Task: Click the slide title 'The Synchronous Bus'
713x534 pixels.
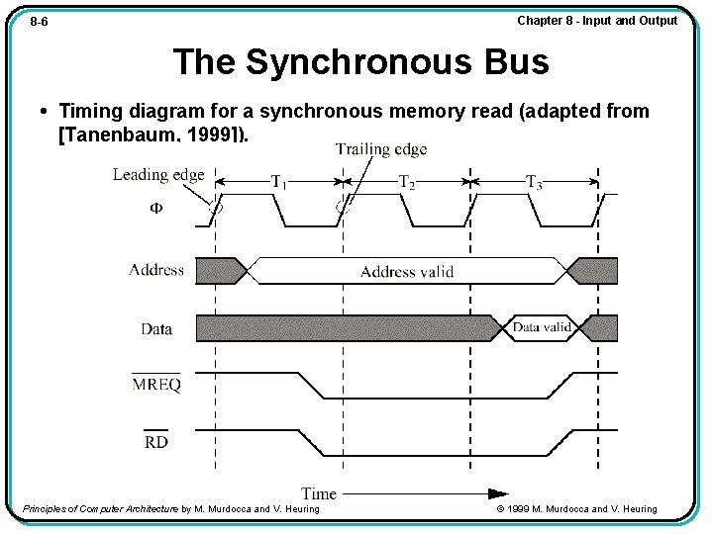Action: (x=360, y=62)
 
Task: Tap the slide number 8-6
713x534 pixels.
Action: (x=40, y=21)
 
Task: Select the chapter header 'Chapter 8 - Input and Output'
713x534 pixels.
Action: (x=597, y=20)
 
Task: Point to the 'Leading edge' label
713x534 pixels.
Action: (x=158, y=175)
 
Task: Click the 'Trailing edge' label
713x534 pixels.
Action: (x=381, y=149)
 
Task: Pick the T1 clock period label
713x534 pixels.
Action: (x=279, y=182)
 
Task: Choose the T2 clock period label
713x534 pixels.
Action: (x=407, y=182)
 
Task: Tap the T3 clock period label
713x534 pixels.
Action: (x=534, y=182)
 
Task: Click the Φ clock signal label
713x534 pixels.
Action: (x=156, y=209)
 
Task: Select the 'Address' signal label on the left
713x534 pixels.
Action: (x=156, y=270)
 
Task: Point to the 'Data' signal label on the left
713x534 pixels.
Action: (x=156, y=329)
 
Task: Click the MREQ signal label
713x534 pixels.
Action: (x=156, y=385)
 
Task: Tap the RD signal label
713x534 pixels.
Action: (x=156, y=442)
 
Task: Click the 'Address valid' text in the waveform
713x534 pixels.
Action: (x=407, y=271)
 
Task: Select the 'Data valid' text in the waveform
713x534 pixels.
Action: (x=542, y=327)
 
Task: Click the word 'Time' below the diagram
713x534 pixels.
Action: (x=319, y=492)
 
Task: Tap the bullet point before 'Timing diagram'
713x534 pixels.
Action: (x=47, y=111)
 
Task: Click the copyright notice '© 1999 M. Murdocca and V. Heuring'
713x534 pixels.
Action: (x=576, y=509)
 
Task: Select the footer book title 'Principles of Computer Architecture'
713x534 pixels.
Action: (x=100, y=509)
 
